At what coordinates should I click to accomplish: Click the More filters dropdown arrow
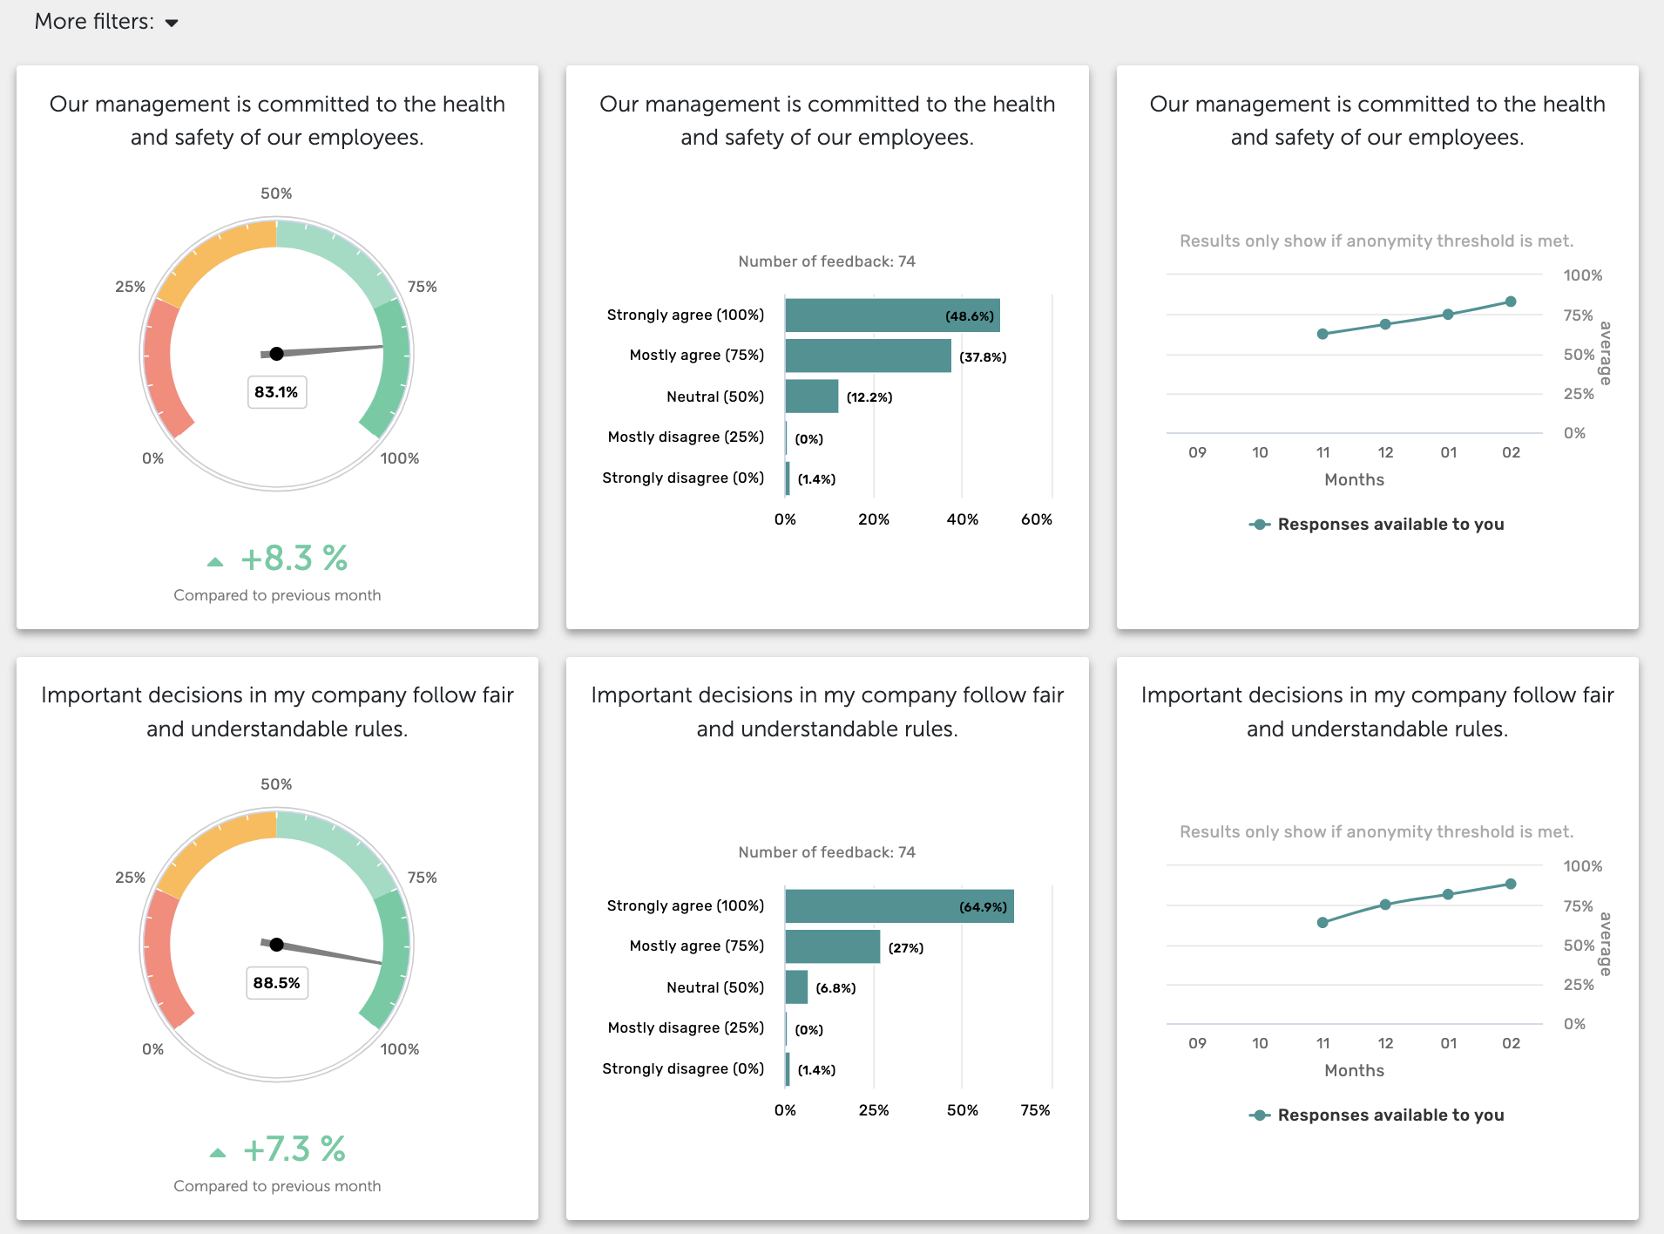pos(172,24)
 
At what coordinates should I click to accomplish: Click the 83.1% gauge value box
pos(276,392)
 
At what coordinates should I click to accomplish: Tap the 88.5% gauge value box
pos(276,983)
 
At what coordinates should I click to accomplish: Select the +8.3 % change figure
pos(294,559)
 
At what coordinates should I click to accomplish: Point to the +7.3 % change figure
pos(294,1149)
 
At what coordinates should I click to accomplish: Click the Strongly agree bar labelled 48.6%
pos(891,315)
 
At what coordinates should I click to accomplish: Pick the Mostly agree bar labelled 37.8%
pos(868,356)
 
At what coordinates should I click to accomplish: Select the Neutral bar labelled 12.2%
pos(811,397)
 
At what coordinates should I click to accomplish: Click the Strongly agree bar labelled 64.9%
pos(898,906)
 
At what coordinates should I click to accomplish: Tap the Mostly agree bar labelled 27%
pos(832,946)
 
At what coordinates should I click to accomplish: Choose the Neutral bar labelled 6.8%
pos(796,987)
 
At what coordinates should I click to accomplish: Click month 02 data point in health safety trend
pos(1511,302)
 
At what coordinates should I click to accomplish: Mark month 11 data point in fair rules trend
pos(1322,922)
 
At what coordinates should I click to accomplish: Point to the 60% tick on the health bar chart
pos(1037,519)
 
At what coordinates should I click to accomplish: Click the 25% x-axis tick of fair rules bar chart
pos(874,1110)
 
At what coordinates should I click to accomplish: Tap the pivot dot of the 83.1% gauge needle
pos(276,354)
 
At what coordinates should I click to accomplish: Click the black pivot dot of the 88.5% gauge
pos(276,945)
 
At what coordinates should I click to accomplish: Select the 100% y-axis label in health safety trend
pos(1582,275)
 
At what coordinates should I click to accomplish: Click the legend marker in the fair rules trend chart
pos(1259,1115)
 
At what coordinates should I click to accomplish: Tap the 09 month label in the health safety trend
pos(1197,452)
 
